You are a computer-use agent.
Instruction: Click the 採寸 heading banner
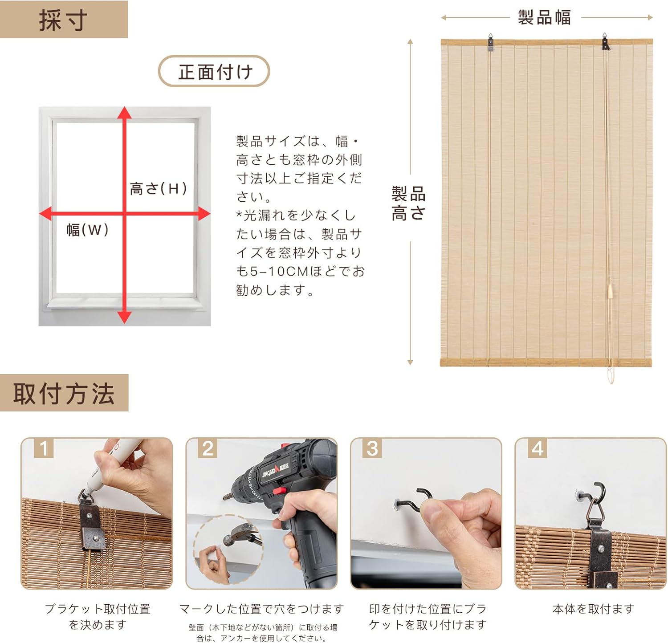pos(64,20)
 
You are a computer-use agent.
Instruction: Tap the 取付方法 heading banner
pos(64,393)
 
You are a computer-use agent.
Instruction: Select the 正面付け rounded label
pos(214,71)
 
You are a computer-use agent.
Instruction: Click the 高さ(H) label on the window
pos(158,188)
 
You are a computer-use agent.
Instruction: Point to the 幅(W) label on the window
pos(88,230)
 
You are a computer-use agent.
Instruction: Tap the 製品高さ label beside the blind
pos(408,203)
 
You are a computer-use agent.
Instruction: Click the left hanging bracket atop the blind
pos(490,42)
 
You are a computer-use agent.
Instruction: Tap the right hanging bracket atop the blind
pos(606,42)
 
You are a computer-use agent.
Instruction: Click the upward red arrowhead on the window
pos(125,112)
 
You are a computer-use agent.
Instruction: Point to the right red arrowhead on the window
pos(204,214)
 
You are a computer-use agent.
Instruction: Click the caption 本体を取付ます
pos(593,609)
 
